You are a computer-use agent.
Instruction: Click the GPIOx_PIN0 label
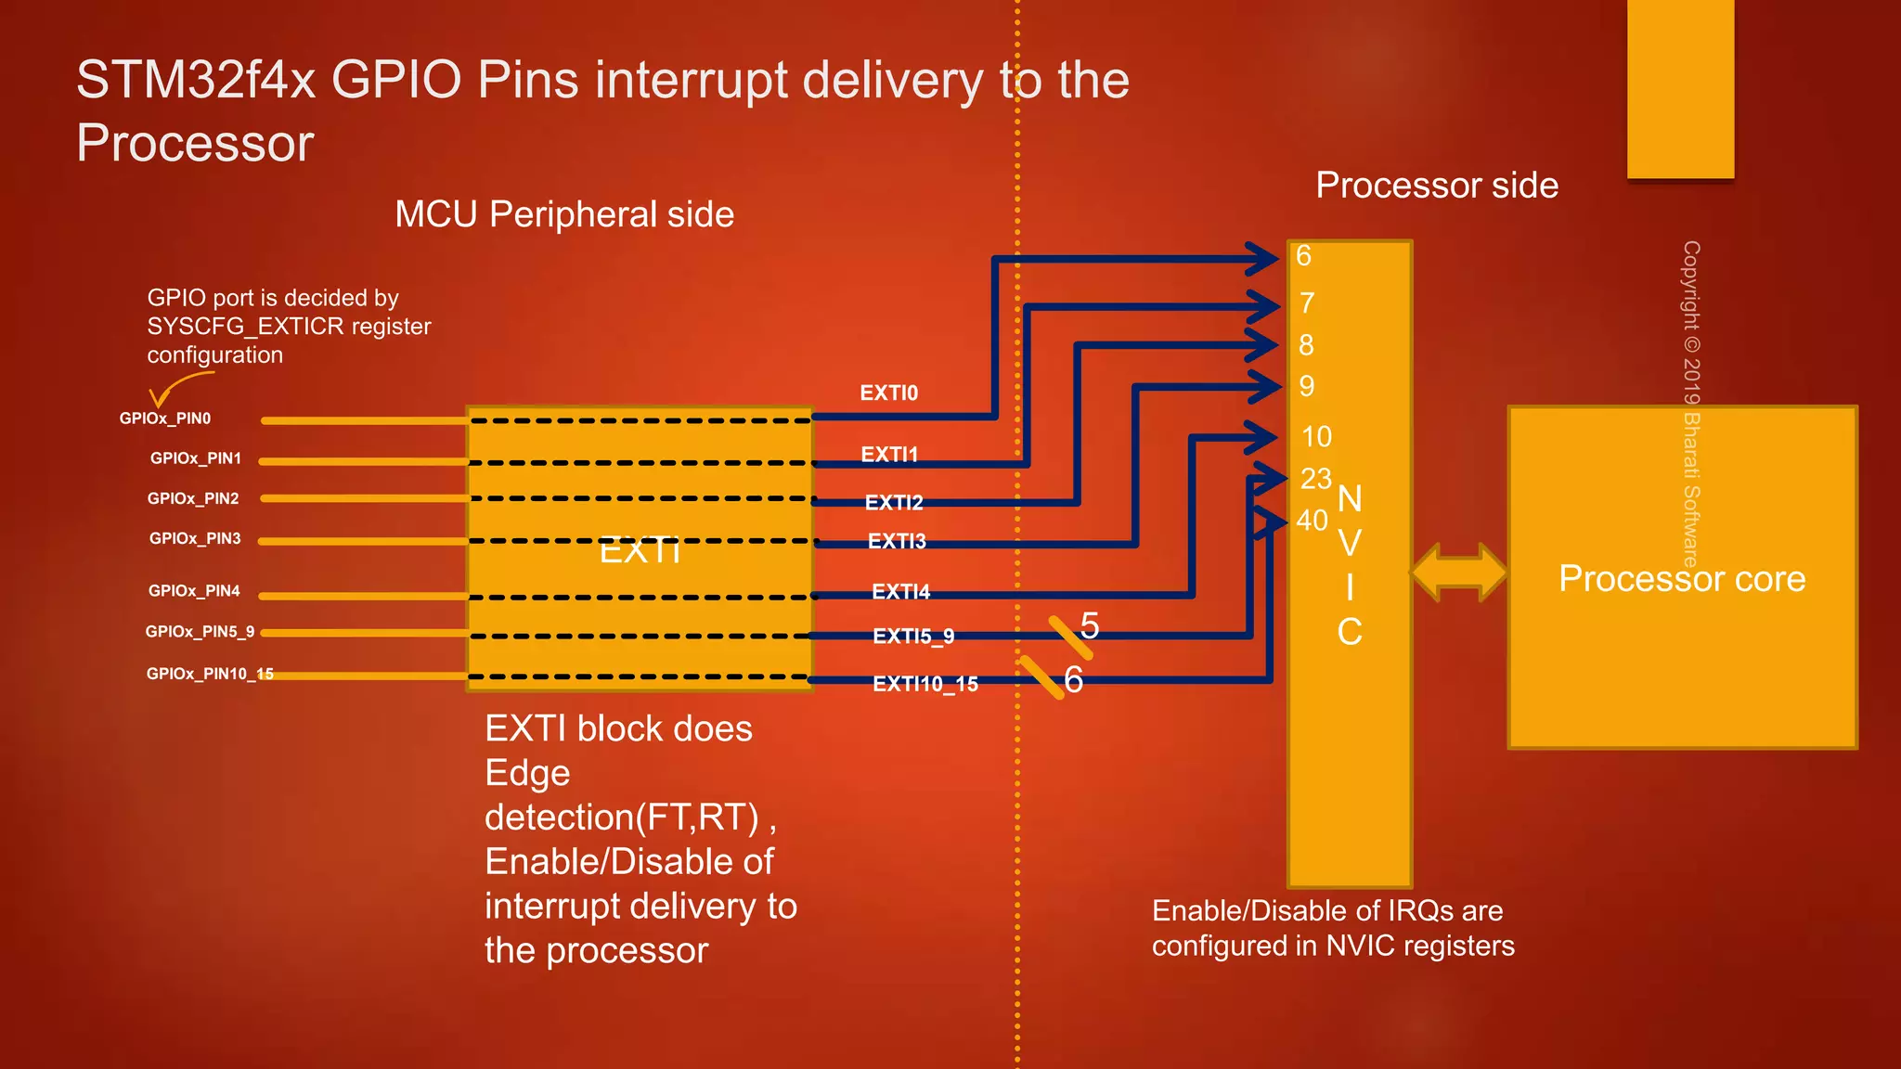[165, 419]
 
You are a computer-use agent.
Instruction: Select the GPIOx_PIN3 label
[195, 538]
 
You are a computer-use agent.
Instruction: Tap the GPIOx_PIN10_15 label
[210, 674]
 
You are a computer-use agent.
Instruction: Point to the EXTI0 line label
[888, 393]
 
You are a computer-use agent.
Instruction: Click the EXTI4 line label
[900, 592]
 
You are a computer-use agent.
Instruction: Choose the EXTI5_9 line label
[913, 637]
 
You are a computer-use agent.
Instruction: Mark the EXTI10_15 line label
[925, 685]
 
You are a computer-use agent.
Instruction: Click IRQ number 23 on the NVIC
[1316, 479]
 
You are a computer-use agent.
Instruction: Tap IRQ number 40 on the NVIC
[1312, 521]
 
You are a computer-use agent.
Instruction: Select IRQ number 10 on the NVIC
[1316, 437]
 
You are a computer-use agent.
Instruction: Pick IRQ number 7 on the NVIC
[1307, 303]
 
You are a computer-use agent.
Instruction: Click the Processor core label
[1682, 579]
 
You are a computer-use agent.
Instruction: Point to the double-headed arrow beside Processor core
[1459, 573]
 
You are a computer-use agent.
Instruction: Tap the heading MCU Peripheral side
[564, 214]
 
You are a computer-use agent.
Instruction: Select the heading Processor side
[1437, 186]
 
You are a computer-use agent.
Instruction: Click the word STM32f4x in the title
[196, 80]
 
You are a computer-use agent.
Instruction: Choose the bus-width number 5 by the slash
[1090, 626]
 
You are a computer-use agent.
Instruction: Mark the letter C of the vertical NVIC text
[1350, 633]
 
